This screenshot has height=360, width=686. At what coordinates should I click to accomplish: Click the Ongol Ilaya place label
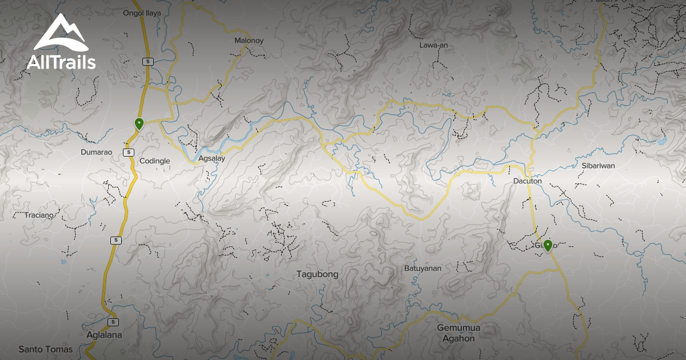click(x=142, y=13)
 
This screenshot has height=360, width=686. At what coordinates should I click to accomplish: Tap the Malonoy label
click(x=249, y=41)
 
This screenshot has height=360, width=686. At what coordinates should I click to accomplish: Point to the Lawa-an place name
click(x=433, y=45)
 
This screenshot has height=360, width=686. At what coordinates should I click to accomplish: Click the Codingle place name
click(x=155, y=161)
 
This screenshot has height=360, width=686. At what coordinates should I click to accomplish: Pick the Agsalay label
click(x=212, y=158)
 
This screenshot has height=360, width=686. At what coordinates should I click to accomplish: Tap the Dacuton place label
click(x=527, y=181)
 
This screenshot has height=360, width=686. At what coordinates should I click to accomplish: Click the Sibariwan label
click(x=598, y=166)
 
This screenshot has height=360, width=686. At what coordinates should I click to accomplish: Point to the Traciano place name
click(x=39, y=215)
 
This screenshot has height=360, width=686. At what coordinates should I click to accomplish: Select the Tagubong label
click(x=317, y=274)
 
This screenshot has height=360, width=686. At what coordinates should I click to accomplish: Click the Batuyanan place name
click(x=422, y=267)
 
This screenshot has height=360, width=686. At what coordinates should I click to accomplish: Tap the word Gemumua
click(x=458, y=328)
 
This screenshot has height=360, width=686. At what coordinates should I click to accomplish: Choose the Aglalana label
click(x=103, y=335)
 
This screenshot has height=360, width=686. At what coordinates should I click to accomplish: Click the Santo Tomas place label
click(x=46, y=349)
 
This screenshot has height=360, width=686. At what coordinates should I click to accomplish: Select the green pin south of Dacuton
click(x=548, y=245)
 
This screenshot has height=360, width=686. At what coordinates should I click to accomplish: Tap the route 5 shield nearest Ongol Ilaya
click(x=148, y=61)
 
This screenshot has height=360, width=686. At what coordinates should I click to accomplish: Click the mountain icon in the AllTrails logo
click(x=61, y=34)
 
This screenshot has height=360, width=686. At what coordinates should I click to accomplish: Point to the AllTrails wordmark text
click(x=61, y=62)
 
